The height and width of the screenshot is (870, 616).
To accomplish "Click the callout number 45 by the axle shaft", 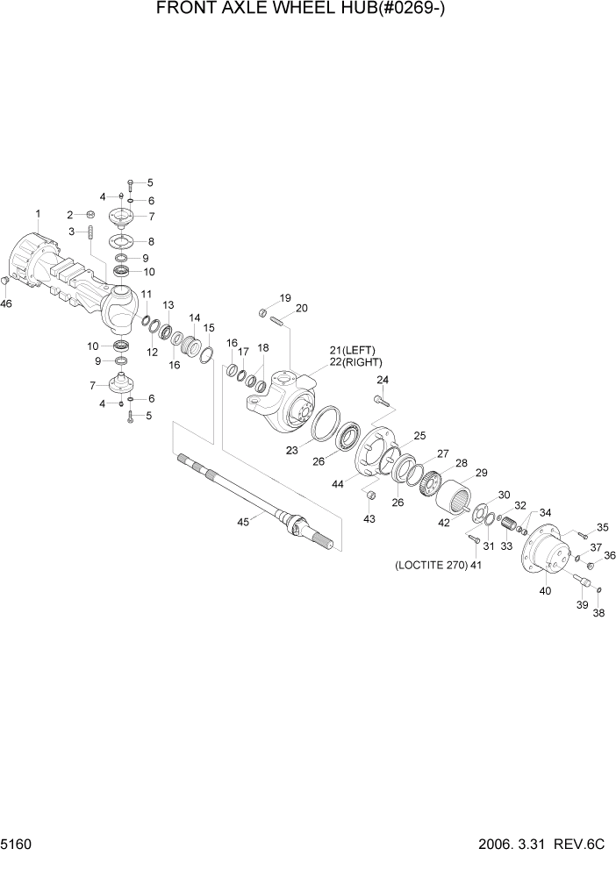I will click(x=244, y=521).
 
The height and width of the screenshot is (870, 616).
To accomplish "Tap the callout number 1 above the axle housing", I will click(x=38, y=213).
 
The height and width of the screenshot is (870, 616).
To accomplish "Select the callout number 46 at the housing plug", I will click(x=7, y=304).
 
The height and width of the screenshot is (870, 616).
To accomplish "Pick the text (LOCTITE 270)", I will click(x=428, y=566).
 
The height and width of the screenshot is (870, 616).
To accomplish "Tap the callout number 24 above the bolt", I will click(x=383, y=380).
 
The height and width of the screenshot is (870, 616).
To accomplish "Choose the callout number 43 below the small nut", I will click(x=369, y=519).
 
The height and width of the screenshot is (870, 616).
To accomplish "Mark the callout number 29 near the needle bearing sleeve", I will click(x=481, y=474).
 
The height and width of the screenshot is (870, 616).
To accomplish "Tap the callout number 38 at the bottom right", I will click(x=598, y=614).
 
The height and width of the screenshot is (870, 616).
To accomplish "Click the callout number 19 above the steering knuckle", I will click(x=285, y=297).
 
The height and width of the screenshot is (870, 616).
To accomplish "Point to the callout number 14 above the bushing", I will click(x=194, y=317).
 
